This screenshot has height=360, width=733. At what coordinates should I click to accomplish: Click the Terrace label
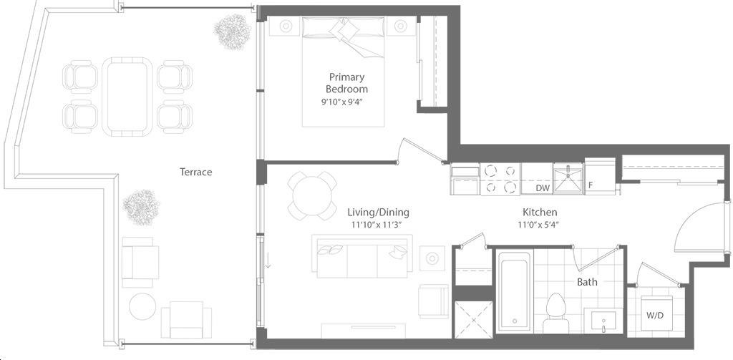click(x=196, y=172)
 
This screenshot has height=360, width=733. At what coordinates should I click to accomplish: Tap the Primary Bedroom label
click(x=346, y=83)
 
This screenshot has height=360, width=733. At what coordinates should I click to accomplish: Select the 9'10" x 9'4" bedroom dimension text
click(x=342, y=102)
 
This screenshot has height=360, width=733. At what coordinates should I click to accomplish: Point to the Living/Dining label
click(x=378, y=213)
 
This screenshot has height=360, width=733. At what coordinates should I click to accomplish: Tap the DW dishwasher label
click(x=543, y=188)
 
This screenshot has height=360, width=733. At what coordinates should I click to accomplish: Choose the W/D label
click(x=654, y=315)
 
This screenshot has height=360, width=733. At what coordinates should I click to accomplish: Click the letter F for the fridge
click(x=591, y=185)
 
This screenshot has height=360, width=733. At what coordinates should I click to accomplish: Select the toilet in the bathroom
click(x=555, y=313)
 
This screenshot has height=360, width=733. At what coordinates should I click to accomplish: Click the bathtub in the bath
click(x=514, y=292)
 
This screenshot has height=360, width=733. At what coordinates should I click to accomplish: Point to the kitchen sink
click(x=568, y=178)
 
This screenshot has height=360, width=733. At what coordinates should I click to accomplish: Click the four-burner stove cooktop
click(x=500, y=179)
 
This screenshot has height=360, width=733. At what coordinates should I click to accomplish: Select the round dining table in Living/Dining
click(x=312, y=195)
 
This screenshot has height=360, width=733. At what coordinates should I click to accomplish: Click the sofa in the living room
click(x=362, y=256)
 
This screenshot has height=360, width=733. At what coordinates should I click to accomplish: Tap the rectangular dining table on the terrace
click(x=127, y=97)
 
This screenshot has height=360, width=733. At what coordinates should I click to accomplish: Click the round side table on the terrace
click(x=142, y=307)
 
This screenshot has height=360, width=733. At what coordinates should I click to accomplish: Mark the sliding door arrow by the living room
click(x=268, y=259)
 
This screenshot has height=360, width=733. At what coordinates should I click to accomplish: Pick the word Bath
click(x=587, y=282)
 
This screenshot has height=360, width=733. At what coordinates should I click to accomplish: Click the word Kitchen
click(x=539, y=213)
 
